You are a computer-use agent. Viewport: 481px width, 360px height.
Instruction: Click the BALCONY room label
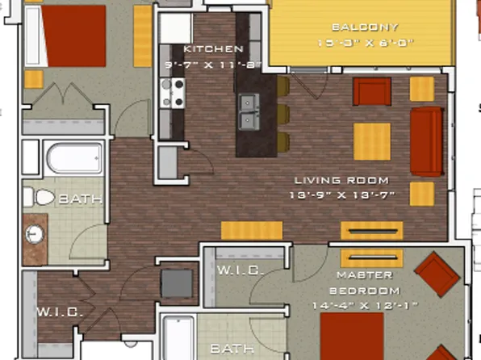coord(353,27)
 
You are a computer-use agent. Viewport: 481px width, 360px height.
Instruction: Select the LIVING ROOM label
coord(341,180)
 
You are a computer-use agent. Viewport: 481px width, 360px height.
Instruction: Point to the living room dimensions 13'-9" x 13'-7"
coord(341,195)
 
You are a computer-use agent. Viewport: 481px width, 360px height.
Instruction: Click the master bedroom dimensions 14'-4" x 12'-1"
coord(353,306)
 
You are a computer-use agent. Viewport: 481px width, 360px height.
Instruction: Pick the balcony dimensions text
coord(353,43)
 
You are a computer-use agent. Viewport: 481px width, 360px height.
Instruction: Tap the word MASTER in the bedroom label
coord(353,274)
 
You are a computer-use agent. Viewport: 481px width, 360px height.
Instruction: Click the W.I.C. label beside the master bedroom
coord(240,271)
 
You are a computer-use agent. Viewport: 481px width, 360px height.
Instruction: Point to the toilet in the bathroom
coord(38,197)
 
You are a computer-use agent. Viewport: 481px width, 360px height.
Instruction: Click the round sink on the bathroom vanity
coord(35,235)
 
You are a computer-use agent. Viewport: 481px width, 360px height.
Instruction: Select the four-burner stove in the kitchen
coord(172,93)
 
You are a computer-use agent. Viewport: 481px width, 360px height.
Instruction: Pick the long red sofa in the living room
coord(427,140)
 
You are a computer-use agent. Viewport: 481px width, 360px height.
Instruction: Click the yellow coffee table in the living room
coord(371,141)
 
